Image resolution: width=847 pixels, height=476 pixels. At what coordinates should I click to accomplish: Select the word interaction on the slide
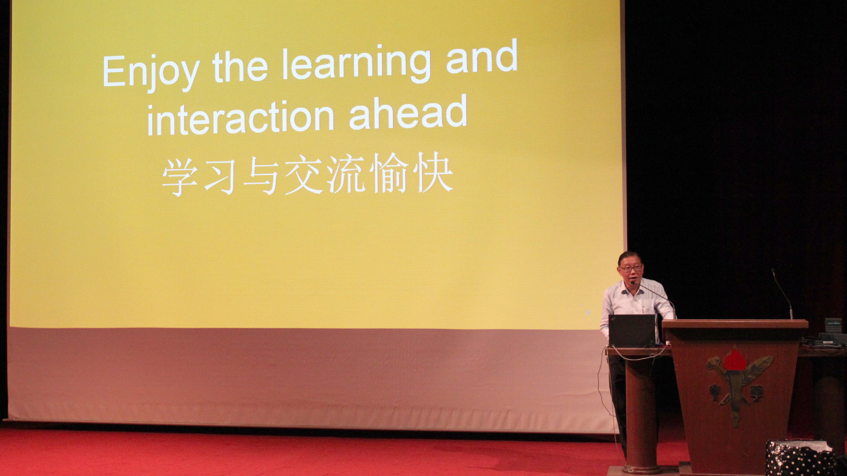(x=240, y=117)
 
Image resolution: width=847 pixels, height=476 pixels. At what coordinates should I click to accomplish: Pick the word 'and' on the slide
(x=482, y=56)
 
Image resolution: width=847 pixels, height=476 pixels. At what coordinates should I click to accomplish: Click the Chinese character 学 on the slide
(x=179, y=177)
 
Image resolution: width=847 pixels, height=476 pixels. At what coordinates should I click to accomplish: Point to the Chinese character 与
(x=261, y=176)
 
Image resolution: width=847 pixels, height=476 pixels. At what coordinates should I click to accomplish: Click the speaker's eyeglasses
(x=631, y=268)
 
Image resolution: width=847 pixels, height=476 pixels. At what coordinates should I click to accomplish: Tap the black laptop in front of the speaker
(x=632, y=331)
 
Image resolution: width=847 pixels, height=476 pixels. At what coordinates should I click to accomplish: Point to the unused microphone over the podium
(x=782, y=293)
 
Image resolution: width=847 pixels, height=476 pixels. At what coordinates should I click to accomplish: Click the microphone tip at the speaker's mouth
(x=633, y=283)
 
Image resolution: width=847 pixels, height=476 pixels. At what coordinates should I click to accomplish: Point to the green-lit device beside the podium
(x=833, y=325)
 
